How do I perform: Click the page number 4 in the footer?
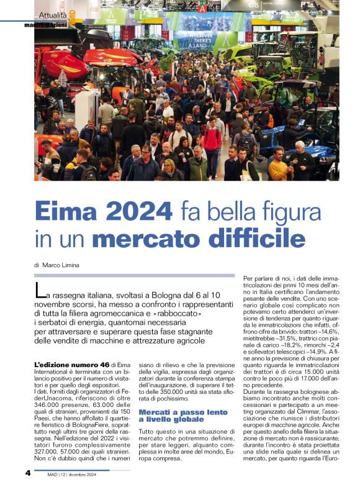[x=28, y=473]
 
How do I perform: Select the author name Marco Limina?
[x=61, y=265]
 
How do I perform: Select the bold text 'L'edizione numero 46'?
[x=68, y=363]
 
